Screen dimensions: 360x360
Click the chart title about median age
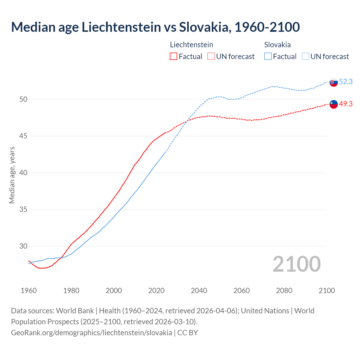(155, 27)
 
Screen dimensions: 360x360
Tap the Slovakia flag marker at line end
(334, 82)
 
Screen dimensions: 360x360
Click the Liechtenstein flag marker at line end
(334, 104)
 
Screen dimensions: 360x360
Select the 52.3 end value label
(346, 82)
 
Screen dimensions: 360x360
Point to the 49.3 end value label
(346, 104)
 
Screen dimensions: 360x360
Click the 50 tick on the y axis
(23, 99)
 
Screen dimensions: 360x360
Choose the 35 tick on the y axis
(23, 210)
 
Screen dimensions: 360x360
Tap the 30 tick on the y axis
(23, 246)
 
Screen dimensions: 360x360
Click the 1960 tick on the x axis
(29, 291)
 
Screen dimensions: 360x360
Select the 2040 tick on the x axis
(199, 291)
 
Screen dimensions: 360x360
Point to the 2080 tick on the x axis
(284, 291)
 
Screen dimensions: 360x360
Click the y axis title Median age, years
(12, 175)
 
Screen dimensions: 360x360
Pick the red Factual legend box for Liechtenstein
(174, 57)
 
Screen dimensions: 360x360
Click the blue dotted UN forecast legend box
(305, 57)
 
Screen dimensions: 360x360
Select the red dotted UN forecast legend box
(211, 57)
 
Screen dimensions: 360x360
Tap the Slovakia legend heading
(277, 45)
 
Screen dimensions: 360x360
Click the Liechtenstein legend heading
(192, 45)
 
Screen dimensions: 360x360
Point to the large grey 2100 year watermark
(296, 264)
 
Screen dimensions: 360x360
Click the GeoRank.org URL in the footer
(91, 333)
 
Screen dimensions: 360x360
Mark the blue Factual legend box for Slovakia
(268, 57)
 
